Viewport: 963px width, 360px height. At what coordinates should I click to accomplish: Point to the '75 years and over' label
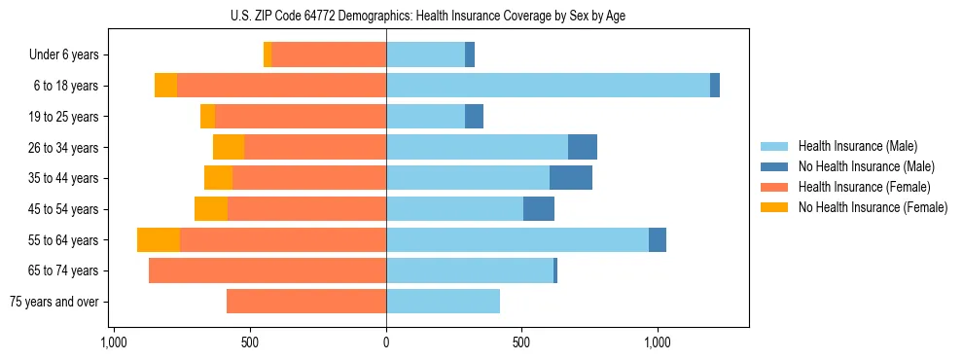click(x=54, y=302)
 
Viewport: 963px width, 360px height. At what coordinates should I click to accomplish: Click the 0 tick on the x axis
click(x=386, y=342)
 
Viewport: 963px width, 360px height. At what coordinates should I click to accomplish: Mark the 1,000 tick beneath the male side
click(x=658, y=342)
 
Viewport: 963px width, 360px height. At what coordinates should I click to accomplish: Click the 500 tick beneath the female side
click(x=250, y=342)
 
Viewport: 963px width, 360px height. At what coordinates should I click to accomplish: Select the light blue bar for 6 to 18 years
click(x=548, y=86)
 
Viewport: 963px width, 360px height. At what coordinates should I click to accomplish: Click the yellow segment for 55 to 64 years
click(x=159, y=240)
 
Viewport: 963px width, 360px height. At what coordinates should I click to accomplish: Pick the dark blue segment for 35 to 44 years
click(x=571, y=178)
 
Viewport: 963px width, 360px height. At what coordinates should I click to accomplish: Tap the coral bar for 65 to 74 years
click(x=267, y=270)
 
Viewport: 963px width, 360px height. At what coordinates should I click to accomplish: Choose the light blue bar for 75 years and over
click(x=443, y=302)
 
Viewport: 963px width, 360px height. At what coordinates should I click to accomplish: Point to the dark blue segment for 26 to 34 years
click(x=583, y=147)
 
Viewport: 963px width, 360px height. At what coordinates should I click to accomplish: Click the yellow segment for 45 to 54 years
click(x=211, y=209)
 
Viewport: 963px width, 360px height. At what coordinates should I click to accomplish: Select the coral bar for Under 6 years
click(x=329, y=55)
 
